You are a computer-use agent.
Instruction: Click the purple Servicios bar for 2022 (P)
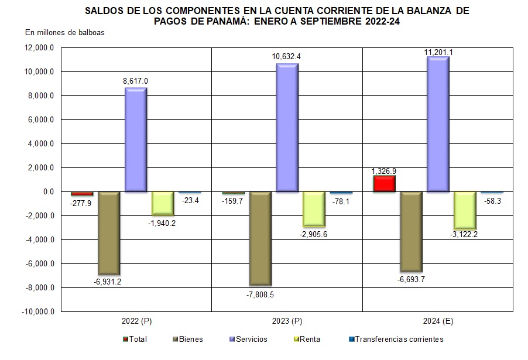(136, 140)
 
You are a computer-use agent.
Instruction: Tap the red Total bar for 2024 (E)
(383, 183)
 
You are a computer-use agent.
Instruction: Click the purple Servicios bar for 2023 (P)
(287, 127)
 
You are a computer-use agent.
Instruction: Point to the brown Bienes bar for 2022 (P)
(109, 232)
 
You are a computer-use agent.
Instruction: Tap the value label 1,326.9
(384, 171)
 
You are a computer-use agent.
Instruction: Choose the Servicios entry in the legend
(249, 339)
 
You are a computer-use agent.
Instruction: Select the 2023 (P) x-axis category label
(287, 321)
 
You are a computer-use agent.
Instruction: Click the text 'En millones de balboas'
(65, 32)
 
